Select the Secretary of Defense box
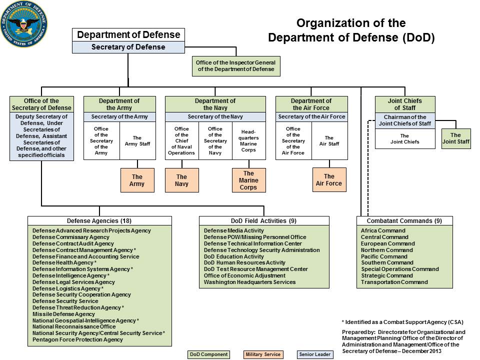128,47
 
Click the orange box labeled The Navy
181,180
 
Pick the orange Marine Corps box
248,180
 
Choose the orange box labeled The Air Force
329,179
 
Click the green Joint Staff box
455,138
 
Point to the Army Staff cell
137,141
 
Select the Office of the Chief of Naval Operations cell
181,141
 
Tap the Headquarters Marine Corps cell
248,141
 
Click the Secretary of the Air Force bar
311,116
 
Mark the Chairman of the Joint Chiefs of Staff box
404,120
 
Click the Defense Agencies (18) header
99,220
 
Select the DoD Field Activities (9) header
264,220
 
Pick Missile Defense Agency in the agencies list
63,314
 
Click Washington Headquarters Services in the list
249,282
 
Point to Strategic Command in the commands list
387,275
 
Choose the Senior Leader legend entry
314,354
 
